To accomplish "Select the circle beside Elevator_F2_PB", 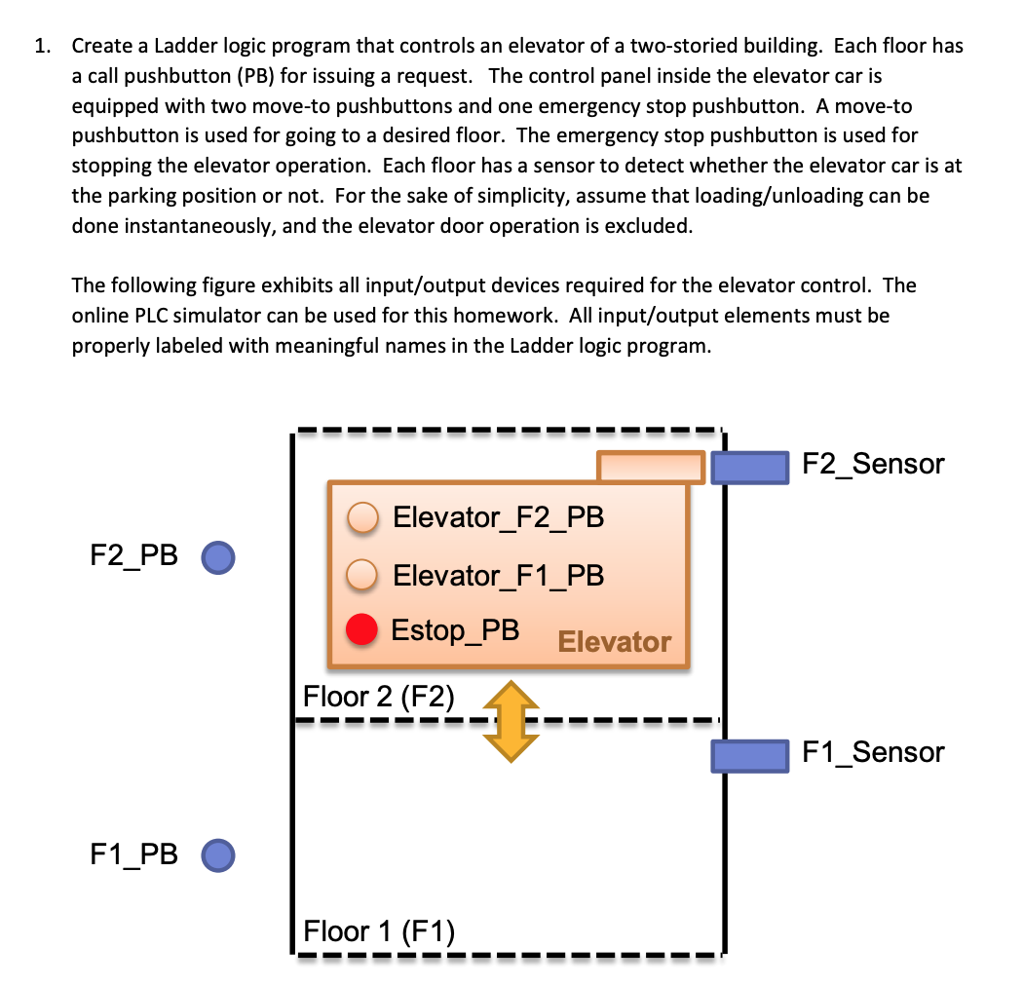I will pyautogui.click(x=364, y=518).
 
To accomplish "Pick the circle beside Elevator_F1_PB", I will pyautogui.click(x=364, y=576).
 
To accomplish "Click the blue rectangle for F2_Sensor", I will pyautogui.click(x=749, y=467).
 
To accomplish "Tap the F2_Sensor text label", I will pyautogui.click(x=873, y=464).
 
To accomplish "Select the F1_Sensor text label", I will pyautogui.click(x=873, y=752).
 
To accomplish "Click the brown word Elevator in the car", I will pyautogui.click(x=614, y=642).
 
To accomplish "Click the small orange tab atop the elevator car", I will pyautogui.click(x=650, y=467).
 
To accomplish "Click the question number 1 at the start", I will pyautogui.click(x=40, y=46).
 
